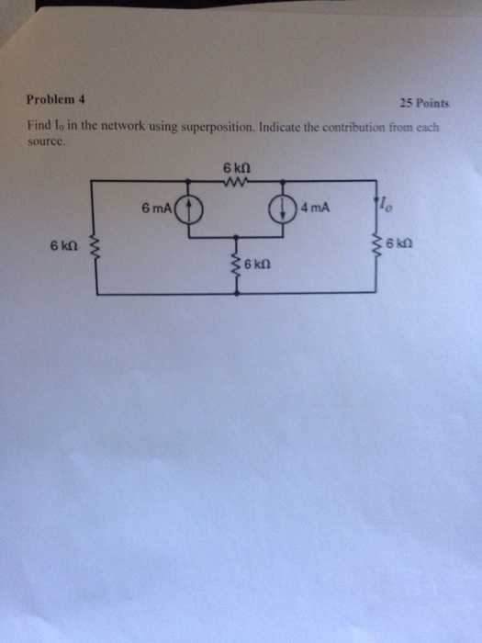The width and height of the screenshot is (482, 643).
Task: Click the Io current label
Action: click(x=387, y=204)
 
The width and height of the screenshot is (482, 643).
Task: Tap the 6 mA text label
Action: click(x=156, y=209)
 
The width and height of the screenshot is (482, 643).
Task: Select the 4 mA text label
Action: click(x=315, y=208)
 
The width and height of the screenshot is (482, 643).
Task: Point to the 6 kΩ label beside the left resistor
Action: click(x=64, y=246)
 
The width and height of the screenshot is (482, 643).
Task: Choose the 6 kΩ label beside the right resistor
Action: click(x=398, y=244)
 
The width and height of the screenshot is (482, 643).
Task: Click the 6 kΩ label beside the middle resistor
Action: click(x=257, y=265)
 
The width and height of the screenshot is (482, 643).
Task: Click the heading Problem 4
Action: click(x=56, y=99)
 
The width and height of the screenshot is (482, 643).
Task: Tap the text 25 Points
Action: click(x=424, y=103)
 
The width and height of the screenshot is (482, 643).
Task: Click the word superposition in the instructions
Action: click(x=219, y=127)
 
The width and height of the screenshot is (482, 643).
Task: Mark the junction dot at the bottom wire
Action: click(x=236, y=293)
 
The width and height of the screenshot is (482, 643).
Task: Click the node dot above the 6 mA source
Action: click(x=188, y=180)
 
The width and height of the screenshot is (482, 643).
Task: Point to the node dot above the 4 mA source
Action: click(x=283, y=180)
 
